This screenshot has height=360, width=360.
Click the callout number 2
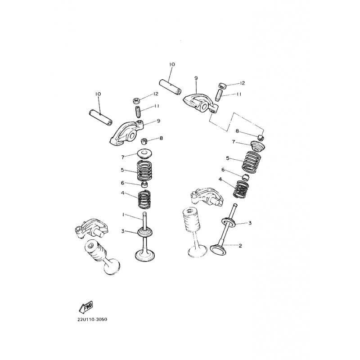tap(240, 246)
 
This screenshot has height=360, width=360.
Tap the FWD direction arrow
tap(85, 308)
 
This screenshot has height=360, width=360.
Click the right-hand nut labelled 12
tap(223, 85)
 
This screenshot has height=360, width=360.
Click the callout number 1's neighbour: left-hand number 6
tap(122, 183)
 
